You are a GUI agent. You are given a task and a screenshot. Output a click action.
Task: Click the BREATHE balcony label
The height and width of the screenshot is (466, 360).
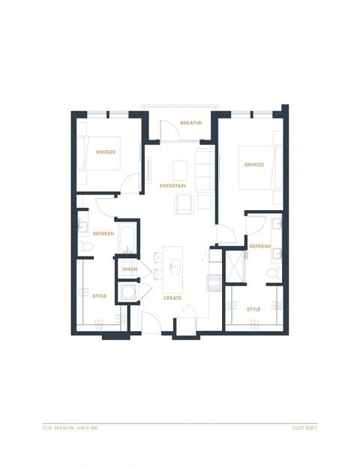[190, 123]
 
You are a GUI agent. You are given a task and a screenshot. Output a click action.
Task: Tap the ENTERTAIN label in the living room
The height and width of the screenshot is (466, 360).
[172, 185]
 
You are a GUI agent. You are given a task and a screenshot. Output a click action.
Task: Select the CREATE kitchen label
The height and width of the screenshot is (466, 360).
[172, 298]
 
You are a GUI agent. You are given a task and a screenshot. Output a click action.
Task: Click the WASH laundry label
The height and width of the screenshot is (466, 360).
[130, 269]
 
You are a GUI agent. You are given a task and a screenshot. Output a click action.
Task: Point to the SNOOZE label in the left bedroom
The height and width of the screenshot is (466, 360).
[106, 152]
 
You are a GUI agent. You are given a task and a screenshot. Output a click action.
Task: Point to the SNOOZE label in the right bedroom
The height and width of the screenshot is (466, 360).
[253, 165]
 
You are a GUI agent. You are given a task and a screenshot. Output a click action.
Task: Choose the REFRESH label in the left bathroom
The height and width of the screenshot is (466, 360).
[103, 233]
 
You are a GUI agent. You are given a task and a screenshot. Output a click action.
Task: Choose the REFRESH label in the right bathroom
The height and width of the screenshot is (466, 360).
[259, 246]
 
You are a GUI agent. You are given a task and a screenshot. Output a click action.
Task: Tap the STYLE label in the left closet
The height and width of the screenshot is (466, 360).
[100, 296]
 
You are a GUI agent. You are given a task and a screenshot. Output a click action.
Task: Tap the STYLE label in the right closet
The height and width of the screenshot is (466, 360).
[253, 308]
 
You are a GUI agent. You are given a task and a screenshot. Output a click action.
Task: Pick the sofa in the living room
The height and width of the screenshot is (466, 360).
[203, 170]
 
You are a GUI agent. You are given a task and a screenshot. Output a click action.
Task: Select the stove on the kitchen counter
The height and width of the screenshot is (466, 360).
[214, 282]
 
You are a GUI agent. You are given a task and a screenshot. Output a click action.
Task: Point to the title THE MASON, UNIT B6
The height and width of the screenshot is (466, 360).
[70, 428]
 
